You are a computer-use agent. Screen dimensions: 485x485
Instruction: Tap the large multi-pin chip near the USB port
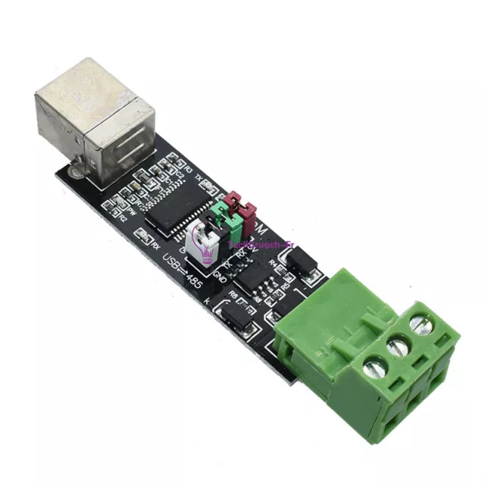[177, 200]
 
